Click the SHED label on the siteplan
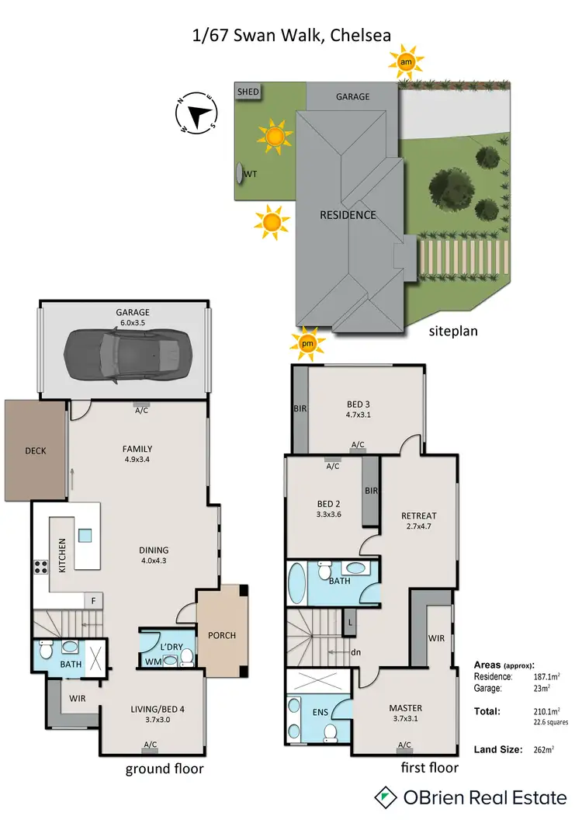click(248, 92)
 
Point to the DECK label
click(36, 450)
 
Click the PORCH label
click(222, 635)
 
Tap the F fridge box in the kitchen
click(93, 600)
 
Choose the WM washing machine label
click(154, 662)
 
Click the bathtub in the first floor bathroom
click(297, 582)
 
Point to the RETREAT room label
click(419, 516)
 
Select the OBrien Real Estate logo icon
click(386, 797)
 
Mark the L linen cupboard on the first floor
click(352, 623)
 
